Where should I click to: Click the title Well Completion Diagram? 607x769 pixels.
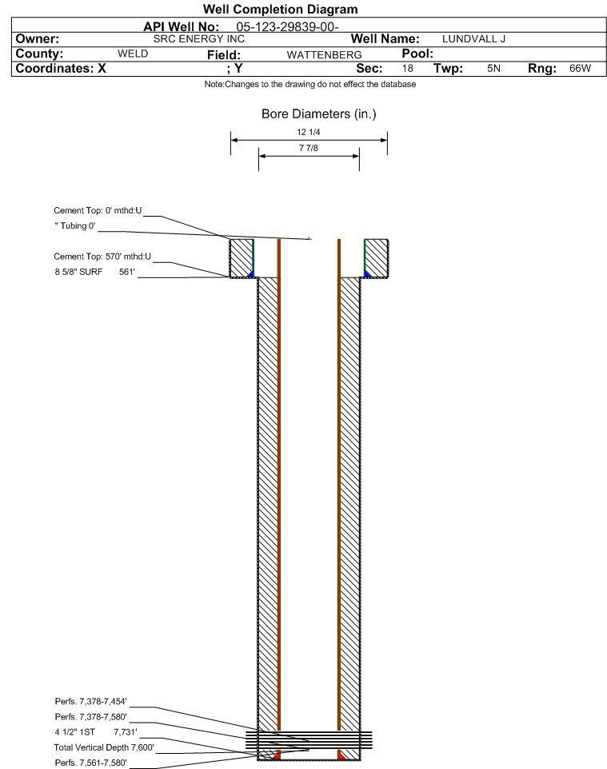tap(280, 10)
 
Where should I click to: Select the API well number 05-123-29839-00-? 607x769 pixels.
tap(288, 27)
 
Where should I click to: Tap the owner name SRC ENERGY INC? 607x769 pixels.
tap(199, 38)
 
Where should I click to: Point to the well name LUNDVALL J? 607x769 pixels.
tap(473, 38)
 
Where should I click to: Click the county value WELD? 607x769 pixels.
tap(133, 54)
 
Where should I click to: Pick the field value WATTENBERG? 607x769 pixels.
tap(325, 54)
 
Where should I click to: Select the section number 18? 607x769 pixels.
tap(408, 68)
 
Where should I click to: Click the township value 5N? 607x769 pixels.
tap(493, 68)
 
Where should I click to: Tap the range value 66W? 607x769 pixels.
tap(580, 68)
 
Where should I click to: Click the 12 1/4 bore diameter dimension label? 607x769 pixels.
tap(309, 132)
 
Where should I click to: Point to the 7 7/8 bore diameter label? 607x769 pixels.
tap(309, 148)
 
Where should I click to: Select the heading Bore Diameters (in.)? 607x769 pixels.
tap(319, 114)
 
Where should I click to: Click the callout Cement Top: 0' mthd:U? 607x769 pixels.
tap(98, 210)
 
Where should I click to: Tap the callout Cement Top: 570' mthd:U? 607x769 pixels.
tap(102, 257)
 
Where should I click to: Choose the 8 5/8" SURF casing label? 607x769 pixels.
tap(78, 272)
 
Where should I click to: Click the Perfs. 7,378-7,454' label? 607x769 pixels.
tap(91, 701)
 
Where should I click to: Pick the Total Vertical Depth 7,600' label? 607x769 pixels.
tap(104, 747)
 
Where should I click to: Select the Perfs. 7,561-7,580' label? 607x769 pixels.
tap(91, 763)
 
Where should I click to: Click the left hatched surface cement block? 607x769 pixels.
tap(242, 258)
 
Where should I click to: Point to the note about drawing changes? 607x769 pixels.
tap(310, 85)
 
